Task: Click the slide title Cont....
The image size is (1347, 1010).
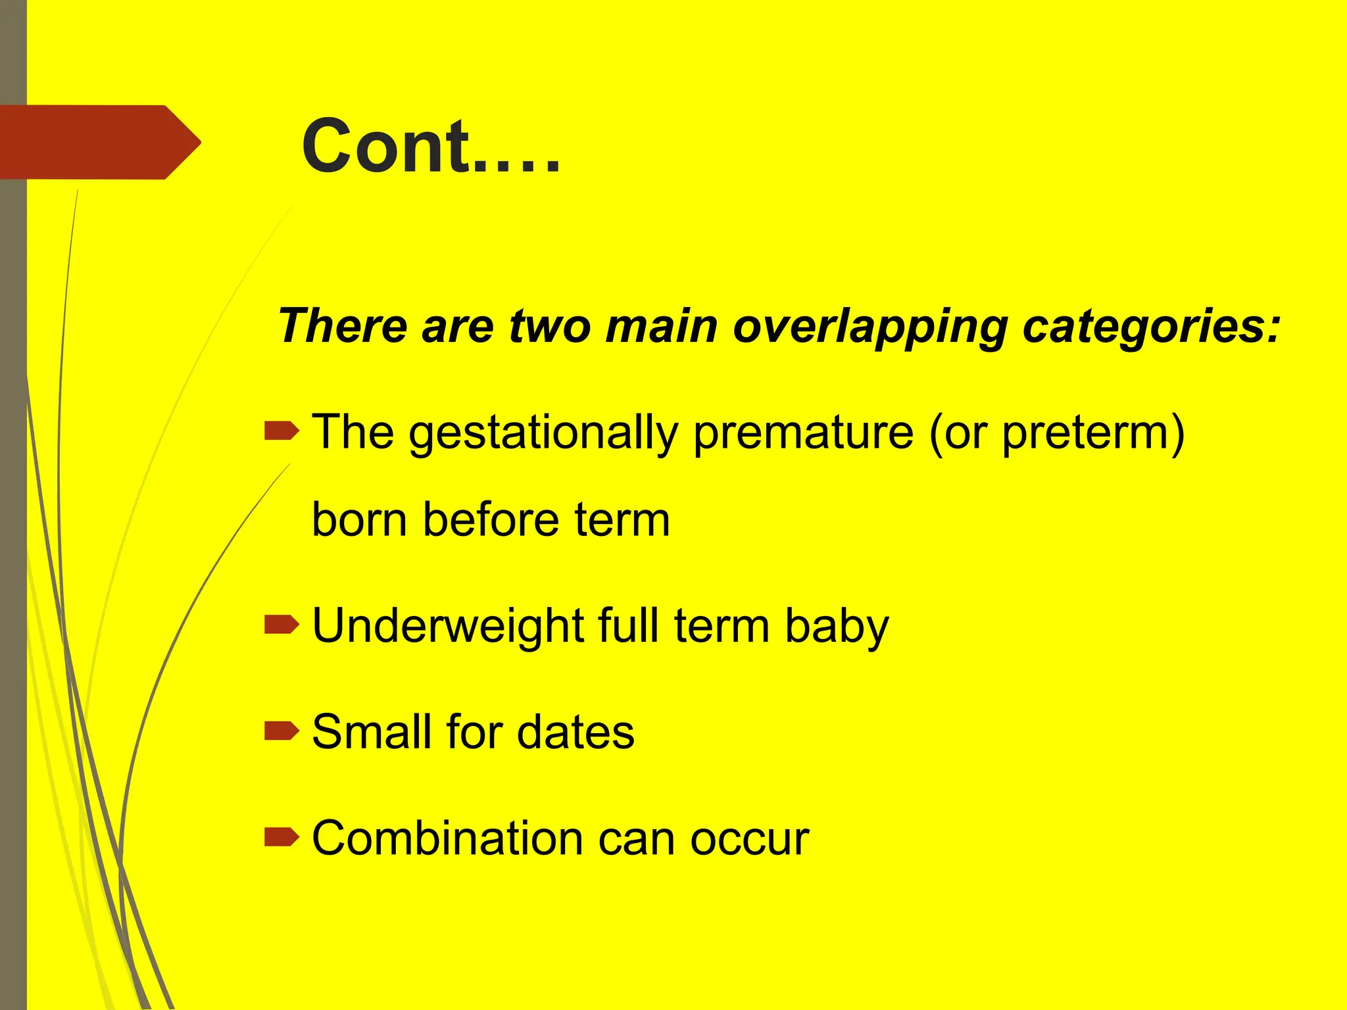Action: point(431,146)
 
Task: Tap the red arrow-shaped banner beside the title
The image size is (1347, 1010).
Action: point(99,142)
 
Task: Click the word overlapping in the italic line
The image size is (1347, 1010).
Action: point(869,326)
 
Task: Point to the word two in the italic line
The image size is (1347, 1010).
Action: point(549,326)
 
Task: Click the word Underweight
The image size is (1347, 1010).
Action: point(447,626)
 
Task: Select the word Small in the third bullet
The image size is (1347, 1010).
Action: point(371,732)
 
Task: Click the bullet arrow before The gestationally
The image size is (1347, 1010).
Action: point(281,431)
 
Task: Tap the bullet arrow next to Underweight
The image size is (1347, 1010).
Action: point(281,625)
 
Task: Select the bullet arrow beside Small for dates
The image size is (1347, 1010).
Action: point(281,731)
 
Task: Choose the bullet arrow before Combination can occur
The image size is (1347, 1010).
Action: point(281,837)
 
